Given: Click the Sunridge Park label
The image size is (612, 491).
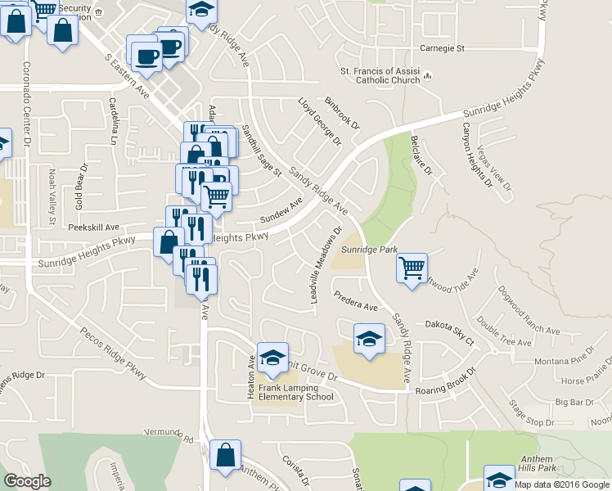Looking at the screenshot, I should click(369, 249).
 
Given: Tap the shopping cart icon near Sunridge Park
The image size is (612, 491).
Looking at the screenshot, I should click(411, 268).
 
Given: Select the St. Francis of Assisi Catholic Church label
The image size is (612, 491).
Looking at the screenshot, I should click(380, 74).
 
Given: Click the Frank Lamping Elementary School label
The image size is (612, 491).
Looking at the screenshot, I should click(296, 392).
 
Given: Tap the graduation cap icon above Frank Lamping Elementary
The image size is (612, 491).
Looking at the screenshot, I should click(272, 357).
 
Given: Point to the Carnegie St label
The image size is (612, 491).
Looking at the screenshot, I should click(442, 48).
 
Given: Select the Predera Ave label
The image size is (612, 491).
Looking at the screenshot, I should click(354, 300).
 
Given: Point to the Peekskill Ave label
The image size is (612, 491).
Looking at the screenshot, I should click(93, 227).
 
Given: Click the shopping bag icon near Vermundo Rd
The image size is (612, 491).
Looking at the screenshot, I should click(224, 455).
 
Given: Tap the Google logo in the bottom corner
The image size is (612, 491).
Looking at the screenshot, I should click(27, 480).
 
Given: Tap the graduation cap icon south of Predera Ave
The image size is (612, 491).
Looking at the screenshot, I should click(369, 338).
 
